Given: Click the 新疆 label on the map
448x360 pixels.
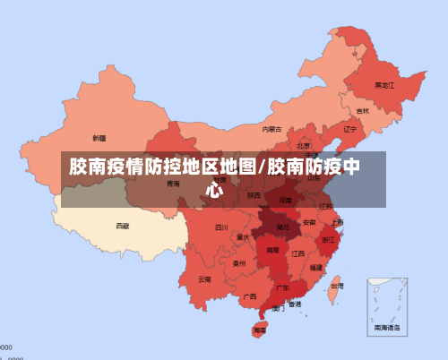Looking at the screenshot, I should pos(99,138).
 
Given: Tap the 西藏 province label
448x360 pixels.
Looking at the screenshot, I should pos(122,227).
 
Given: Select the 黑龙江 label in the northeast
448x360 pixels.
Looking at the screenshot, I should pos(383,85).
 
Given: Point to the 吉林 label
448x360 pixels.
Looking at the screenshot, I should pos(362,111).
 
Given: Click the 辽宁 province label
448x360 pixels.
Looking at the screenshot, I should pos(350,129).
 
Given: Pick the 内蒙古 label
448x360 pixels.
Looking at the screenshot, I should pos(271,129).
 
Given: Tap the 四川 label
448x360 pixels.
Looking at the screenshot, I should pos(221,227).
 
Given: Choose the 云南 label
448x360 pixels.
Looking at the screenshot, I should pos(204,279).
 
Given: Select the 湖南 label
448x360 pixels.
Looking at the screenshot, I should pos(272,251).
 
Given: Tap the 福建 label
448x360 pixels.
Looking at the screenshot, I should pos(316,267).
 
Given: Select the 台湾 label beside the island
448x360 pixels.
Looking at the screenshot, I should pos(336,286).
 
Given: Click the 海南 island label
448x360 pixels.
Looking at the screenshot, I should pos(259,330).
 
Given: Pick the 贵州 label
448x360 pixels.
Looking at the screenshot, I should pos(238,263).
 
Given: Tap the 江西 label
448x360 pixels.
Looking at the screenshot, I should pos(297,253).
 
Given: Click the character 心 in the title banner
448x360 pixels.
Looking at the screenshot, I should pos(215,189).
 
